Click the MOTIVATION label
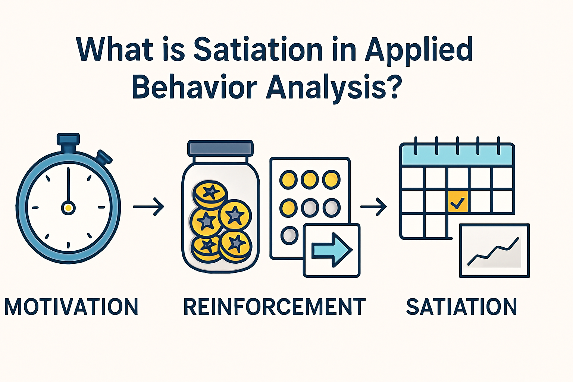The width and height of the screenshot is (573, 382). tap(71, 307)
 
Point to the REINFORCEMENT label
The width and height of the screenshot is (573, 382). tap(275, 307)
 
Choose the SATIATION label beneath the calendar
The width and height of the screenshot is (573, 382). tap(461, 307)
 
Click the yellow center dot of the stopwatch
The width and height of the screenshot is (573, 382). tap(68, 207)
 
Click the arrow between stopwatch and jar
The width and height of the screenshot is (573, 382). tap(149, 206)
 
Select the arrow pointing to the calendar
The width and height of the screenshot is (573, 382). tap(373, 206)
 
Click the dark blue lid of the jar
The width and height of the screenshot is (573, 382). tap(220, 148)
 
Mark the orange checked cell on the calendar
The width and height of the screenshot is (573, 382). tap(457, 202)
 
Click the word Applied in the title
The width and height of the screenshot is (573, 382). tap(419, 50)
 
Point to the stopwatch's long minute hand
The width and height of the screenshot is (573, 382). tap(68, 185)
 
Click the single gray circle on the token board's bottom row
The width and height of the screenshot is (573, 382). tap(289, 235)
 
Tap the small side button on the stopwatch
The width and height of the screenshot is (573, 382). tap(104, 157)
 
